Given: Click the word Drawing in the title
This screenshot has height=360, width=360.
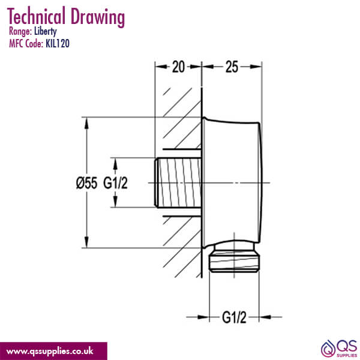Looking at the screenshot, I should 98,18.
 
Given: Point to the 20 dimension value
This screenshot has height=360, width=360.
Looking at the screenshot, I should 178,67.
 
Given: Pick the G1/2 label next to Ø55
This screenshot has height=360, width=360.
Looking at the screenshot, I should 115,183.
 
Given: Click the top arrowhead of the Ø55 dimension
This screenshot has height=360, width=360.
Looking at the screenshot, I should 88,122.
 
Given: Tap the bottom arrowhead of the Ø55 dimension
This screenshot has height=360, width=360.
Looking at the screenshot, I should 88,244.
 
